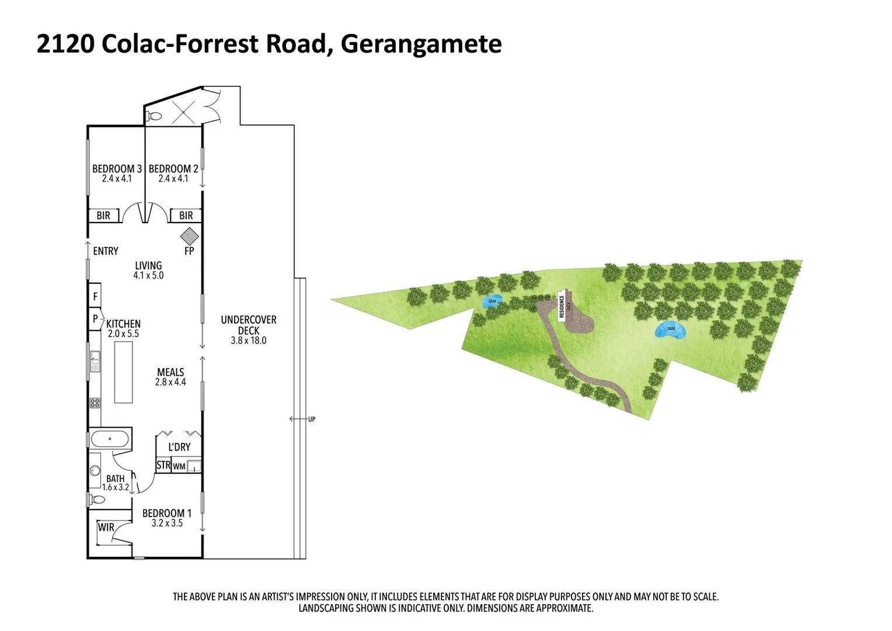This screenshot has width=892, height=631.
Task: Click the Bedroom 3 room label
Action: [x=117, y=169]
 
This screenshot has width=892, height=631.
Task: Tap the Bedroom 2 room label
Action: [x=173, y=169]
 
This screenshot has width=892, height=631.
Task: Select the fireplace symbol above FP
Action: [x=190, y=236]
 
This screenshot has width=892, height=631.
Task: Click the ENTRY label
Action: [x=106, y=251]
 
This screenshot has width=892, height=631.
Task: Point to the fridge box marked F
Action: [x=95, y=297]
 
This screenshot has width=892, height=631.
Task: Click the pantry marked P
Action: [x=95, y=319]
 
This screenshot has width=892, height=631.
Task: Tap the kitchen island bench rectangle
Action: [x=123, y=372]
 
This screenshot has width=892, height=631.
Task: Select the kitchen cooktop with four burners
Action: [x=95, y=403]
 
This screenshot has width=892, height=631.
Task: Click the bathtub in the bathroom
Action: [x=110, y=439]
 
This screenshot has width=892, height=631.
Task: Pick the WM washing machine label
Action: [x=179, y=466]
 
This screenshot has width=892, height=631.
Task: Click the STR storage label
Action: [x=163, y=466]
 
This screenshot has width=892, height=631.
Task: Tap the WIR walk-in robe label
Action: [x=106, y=528]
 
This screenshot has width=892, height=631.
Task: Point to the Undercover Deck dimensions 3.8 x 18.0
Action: [x=249, y=341]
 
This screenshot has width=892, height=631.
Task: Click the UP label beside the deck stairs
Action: [x=312, y=419]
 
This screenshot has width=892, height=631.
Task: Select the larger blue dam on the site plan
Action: [x=670, y=330]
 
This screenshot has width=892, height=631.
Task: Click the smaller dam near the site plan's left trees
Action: [x=492, y=302]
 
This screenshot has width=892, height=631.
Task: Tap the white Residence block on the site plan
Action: [x=562, y=306]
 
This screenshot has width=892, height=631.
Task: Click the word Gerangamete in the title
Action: [x=421, y=44]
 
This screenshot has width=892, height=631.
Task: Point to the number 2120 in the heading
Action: [x=65, y=44]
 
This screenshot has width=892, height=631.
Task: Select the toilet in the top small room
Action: [x=154, y=116]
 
